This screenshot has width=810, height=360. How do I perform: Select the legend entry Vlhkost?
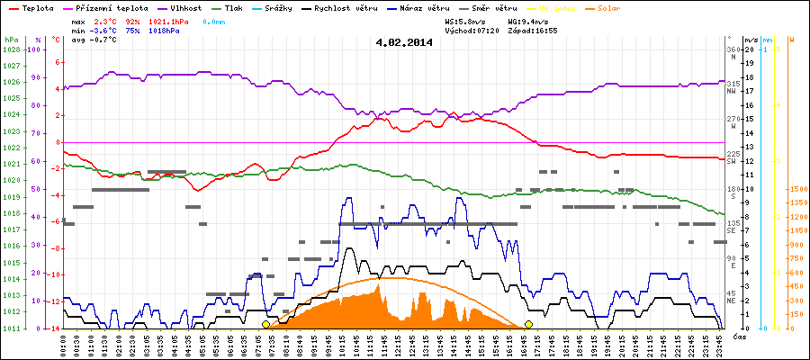coord(184,7)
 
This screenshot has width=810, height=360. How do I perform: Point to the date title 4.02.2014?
coord(404,41)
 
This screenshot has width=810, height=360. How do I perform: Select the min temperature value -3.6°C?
coord(105,31)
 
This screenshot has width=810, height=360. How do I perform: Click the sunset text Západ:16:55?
coord(533,30)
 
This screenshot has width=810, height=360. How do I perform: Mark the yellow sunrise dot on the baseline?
coord(265,324)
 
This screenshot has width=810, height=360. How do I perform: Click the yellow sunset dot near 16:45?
coord(528,324)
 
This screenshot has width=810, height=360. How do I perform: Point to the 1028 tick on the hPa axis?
coord(11,49)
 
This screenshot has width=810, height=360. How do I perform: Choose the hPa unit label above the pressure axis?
coord(10,40)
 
